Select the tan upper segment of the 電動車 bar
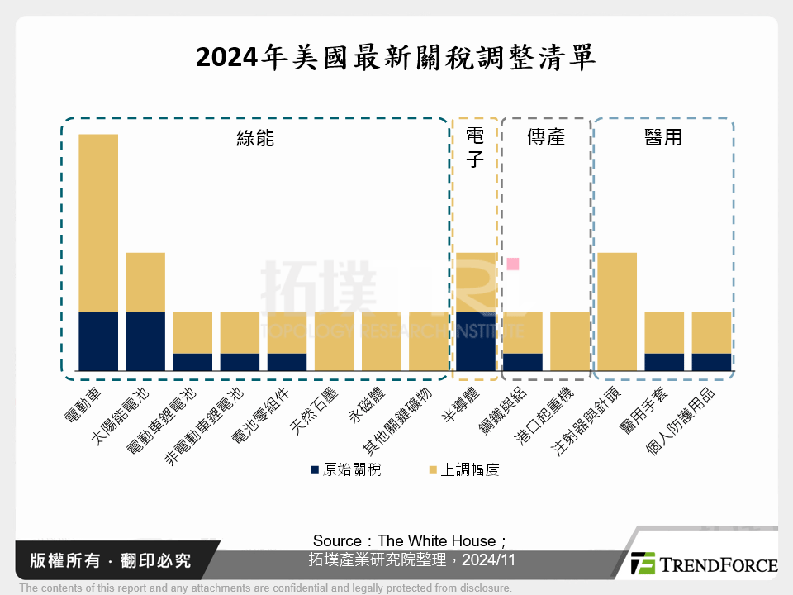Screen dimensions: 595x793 (x=98, y=222)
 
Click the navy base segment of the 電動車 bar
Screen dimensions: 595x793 (x=98, y=340)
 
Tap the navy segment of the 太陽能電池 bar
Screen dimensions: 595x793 (x=145, y=340)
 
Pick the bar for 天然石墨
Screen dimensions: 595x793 (x=334, y=340)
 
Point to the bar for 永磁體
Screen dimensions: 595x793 (x=381, y=340)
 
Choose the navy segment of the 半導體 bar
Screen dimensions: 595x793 (x=476, y=340)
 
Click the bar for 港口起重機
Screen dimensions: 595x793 (x=570, y=340)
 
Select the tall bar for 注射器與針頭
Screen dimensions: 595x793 (x=617, y=311)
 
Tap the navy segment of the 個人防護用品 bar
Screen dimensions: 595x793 (x=711, y=362)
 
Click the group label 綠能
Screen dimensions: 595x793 (x=255, y=138)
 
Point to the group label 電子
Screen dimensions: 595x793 (x=475, y=147)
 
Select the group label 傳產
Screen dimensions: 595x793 (x=546, y=137)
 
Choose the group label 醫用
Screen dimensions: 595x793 (x=663, y=137)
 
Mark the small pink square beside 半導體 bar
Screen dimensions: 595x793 (x=513, y=264)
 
